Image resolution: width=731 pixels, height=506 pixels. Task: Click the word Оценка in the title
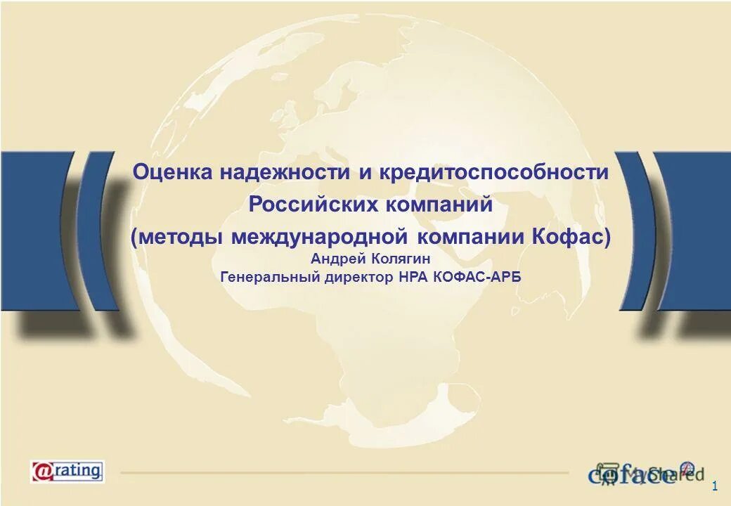point(171,172)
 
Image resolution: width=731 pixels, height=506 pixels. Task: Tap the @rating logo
point(67,470)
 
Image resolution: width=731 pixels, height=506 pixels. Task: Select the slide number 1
point(715,486)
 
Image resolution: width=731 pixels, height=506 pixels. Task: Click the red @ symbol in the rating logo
point(41,470)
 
